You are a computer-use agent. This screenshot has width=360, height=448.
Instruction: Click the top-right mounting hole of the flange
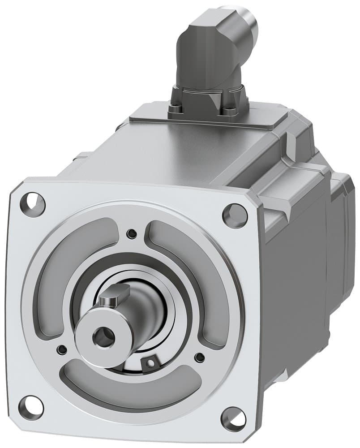[x=235, y=215]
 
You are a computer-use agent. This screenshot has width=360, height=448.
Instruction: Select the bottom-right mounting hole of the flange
[x=234, y=418]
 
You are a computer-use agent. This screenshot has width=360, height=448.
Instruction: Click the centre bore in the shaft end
[x=104, y=337]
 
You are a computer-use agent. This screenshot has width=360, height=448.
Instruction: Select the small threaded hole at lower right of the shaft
[x=200, y=357]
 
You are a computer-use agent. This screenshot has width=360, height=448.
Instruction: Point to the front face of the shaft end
[x=96, y=334]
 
